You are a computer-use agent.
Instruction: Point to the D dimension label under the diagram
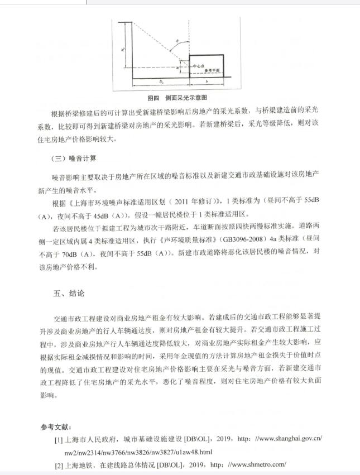click(x=160, y=83)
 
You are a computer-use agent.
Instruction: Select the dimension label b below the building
click(x=207, y=83)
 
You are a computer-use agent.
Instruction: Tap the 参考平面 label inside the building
click(x=212, y=71)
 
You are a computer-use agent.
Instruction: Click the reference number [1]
click(x=58, y=440)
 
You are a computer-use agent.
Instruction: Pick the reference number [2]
click(x=58, y=464)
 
